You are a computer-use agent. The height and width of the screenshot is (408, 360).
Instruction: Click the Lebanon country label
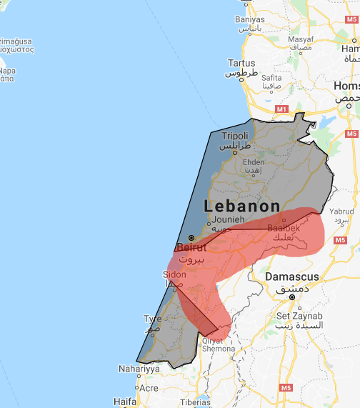tap(242, 206)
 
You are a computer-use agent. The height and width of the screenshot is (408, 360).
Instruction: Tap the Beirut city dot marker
tap(191, 238)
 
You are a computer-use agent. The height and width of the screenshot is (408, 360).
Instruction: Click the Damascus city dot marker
tap(292, 296)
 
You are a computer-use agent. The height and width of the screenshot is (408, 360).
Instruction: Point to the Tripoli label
tap(235, 136)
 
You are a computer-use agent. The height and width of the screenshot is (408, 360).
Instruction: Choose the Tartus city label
tap(241, 63)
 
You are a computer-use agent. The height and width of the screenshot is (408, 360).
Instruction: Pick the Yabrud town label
tap(341, 212)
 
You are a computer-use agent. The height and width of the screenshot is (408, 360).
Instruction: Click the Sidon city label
tap(175, 274)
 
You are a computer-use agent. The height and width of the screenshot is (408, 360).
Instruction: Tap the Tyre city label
tap(152, 319)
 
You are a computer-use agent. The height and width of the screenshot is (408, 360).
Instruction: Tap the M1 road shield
tap(281, 109)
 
